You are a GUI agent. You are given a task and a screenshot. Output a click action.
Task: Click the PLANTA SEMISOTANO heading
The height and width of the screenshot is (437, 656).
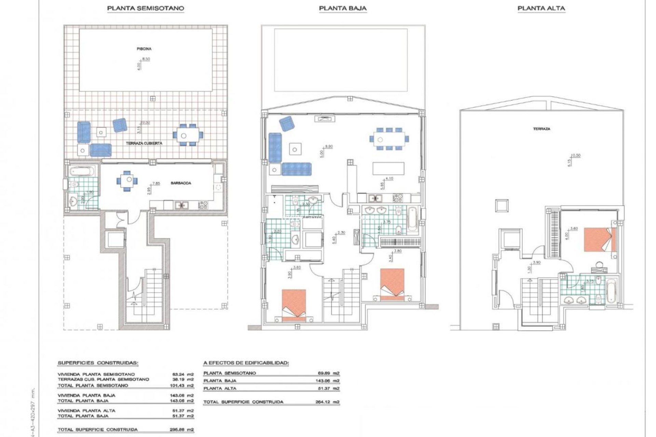146,9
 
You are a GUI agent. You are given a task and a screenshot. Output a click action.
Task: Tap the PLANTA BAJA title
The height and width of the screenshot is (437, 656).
343,9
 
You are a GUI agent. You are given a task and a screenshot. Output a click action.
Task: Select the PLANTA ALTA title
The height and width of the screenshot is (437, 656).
541,9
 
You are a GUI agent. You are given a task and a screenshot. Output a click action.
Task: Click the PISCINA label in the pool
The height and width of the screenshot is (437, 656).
144,49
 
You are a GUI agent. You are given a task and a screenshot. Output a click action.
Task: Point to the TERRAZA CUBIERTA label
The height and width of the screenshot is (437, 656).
144,143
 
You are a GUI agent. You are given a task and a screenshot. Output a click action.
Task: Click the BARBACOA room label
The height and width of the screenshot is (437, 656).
181,183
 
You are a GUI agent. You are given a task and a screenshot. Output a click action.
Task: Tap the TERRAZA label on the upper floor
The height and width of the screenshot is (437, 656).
542,129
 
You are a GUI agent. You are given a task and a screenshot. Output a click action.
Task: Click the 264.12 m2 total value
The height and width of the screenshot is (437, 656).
327,402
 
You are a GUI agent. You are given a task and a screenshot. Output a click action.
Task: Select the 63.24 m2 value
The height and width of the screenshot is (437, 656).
183,374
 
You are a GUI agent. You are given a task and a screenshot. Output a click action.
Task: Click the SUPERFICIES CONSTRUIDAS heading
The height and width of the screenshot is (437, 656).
98,363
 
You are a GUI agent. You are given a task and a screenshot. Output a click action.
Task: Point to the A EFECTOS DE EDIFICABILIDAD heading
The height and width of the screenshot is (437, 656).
246,363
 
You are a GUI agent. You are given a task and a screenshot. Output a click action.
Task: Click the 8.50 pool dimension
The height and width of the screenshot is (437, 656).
146,59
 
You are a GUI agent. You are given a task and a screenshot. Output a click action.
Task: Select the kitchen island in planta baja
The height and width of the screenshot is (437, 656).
388,168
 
